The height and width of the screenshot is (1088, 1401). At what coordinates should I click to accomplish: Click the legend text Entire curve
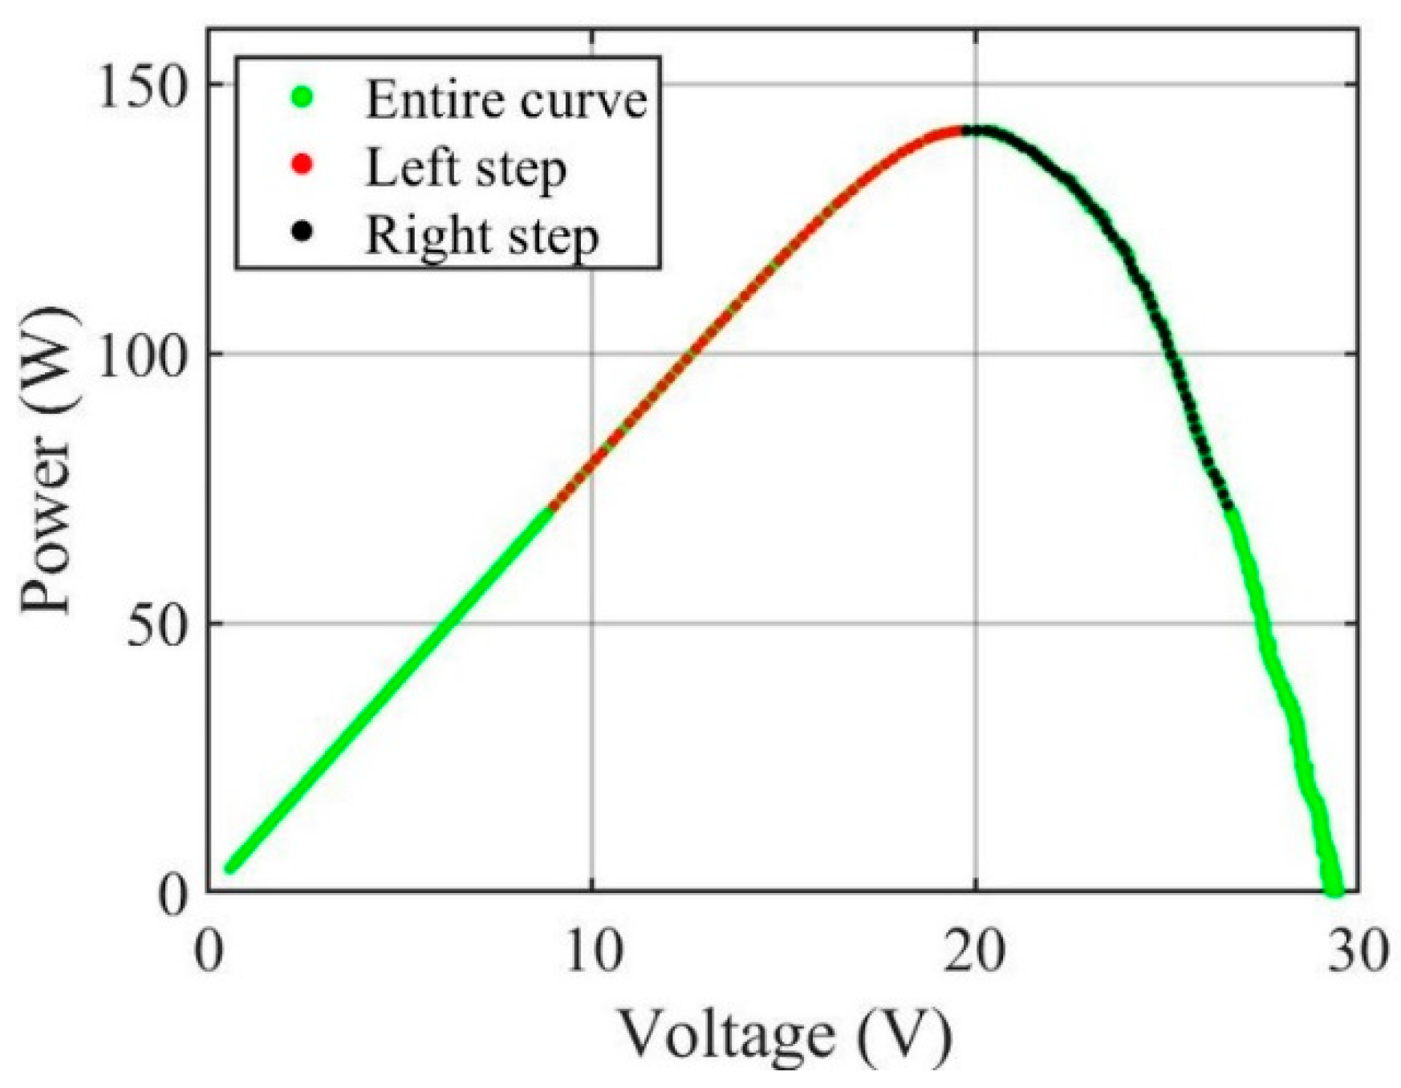(506, 99)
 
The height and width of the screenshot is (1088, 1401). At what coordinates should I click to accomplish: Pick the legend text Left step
(465, 168)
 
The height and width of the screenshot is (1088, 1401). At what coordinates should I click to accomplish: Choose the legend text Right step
(481, 236)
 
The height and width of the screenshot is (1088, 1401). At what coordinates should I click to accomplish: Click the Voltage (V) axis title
(785, 1035)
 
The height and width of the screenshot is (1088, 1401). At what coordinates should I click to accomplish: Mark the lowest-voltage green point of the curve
(230, 867)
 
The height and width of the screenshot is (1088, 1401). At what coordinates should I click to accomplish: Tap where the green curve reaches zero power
(1334, 891)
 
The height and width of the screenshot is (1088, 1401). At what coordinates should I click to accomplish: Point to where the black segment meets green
(1228, 507)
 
